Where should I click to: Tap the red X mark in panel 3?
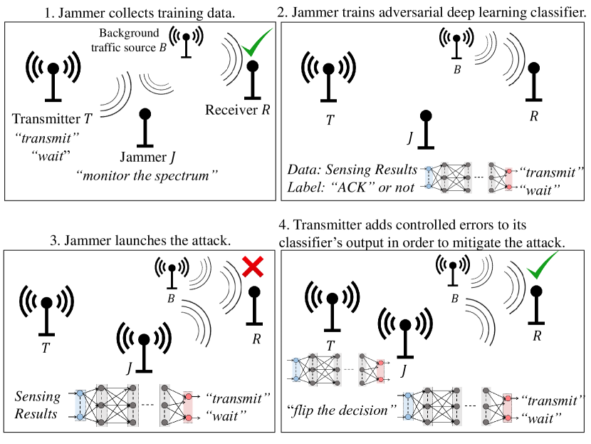tap(253, 269)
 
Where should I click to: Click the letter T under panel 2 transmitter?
tap(330, 119)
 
